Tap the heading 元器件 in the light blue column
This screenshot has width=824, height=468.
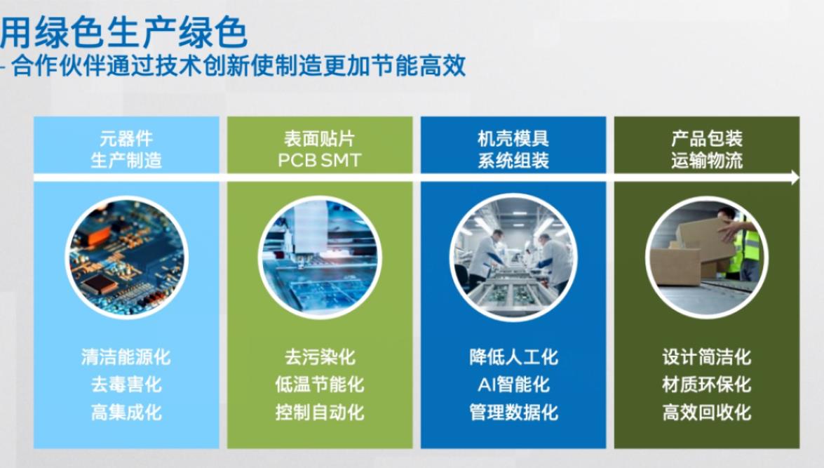pos(126,139)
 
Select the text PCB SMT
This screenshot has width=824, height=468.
pos(320,160)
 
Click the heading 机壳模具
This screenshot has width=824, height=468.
pos(513,139)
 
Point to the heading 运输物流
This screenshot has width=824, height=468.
pos(707,161)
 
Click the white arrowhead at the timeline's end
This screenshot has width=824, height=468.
pos(794,178)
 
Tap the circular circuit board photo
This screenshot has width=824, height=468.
pos(126,258)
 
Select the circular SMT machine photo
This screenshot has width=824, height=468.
pos(320,258)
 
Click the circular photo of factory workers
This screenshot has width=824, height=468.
pos(513,258)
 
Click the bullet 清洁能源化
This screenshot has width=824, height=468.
pos(126,357)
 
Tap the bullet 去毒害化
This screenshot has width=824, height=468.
pos(126,385)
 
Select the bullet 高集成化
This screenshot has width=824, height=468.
pos(126,412)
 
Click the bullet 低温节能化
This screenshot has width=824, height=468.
pos(320,385)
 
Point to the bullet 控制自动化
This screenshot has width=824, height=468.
pos(320,412)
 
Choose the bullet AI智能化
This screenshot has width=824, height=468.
pos(513,385)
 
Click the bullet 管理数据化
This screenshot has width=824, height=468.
pos(513,412)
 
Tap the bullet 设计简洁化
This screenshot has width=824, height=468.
pos(707,357)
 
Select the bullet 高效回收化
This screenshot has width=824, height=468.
pos(707,412)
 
